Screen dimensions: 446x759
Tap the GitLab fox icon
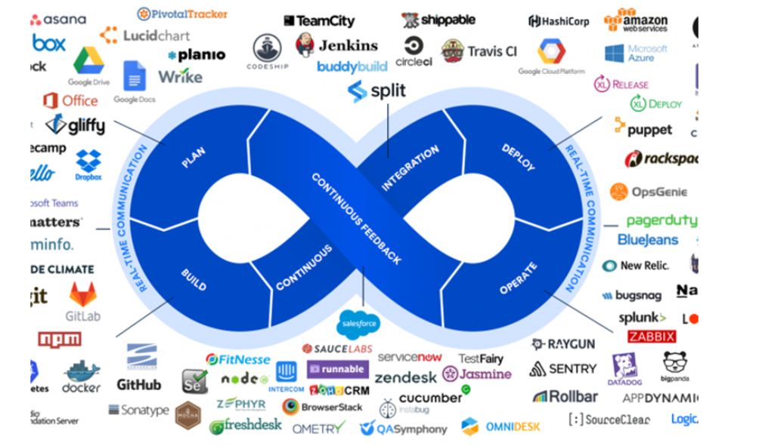coord(83,294)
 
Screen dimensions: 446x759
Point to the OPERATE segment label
coord(518,278)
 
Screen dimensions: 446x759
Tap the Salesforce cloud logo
coord(359,323)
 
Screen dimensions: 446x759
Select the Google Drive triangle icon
coord(88,60)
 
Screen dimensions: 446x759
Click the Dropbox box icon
coord(88,161)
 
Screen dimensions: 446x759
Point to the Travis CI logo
coord(479,51)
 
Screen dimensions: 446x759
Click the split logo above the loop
coord(376,91)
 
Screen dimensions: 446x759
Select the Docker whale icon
coord(82,371)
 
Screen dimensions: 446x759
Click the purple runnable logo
coord(337,370)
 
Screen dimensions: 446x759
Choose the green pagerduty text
coord(661,221)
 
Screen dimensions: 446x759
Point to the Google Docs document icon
coord(134,76)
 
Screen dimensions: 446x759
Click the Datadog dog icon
coord(626,366)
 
